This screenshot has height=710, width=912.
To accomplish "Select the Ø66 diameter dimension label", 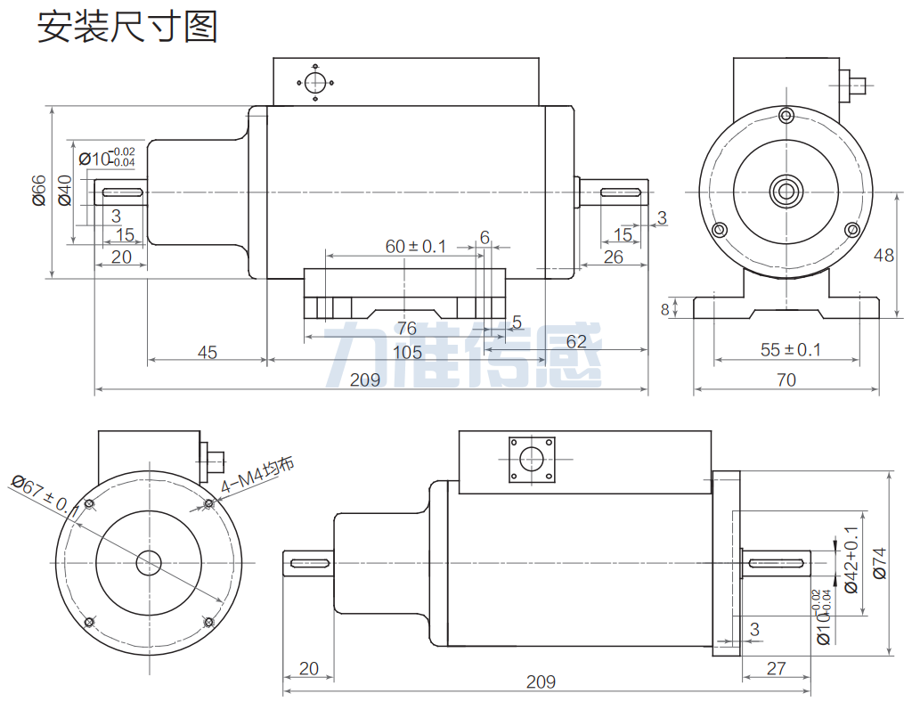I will click(x=39, y=191).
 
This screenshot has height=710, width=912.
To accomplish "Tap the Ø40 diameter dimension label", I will click(x=64, y=191).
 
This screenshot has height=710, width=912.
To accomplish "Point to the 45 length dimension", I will click(x=207, y=353).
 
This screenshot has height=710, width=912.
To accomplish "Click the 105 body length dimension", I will click(x=407, y=353).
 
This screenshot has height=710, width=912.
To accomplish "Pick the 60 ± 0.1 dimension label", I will click(x=415, y=246).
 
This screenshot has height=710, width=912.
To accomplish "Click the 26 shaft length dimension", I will click(x=613, y=257).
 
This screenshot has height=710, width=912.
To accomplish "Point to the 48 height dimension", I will click(x=883, y=256).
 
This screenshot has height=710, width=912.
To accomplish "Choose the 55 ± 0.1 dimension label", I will click(x=791, y=349).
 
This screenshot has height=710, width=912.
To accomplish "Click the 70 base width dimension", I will click(x=786, y=380).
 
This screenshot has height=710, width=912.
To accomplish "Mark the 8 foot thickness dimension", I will click(x=664, y=309).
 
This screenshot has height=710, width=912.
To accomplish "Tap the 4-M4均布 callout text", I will click(x=257, y=476).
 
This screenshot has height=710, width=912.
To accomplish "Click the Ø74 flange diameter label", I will click(x=880, y=563).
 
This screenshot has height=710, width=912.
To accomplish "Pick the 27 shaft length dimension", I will click(x=776, y=668).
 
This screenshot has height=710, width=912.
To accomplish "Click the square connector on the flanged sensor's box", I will click(x=532, y=460).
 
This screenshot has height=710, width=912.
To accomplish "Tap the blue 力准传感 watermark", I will click(x=463, y=354).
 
